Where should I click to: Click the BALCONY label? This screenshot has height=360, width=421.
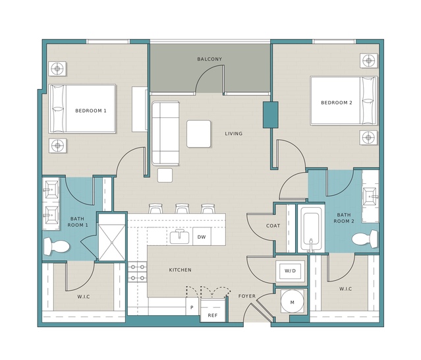click(210, 59)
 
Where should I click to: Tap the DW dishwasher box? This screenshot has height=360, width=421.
click(202, 237)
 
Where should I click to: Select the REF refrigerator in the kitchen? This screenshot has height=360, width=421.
click(213, 311)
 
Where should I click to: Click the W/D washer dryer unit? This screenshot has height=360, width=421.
click(290, 271)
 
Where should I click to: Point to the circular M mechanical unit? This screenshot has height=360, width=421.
click(293, 302)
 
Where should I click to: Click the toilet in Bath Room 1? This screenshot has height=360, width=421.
click(57, 246)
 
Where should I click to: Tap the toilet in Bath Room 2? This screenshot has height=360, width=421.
click(364, 239)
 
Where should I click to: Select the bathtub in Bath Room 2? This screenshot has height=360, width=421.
click(311, 229)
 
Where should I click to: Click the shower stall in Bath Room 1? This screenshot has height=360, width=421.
click(112, 237)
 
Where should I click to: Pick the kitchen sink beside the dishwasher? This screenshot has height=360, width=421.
click(179, 237)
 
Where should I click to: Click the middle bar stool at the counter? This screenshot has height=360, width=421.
click(182, 208)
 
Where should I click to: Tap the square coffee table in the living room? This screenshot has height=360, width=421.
click(199, 134)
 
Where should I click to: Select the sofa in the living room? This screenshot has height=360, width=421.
click(165, 133)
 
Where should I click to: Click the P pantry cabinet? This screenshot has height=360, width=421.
click(192, 307)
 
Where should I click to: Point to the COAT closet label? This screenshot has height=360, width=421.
click(273, 225)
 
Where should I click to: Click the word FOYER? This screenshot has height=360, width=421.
click(247, 296)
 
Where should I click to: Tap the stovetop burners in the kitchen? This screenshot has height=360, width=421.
click(138, 272)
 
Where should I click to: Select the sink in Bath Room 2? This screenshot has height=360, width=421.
click(370, 196)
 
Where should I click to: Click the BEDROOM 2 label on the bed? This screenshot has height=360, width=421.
click(337, 103)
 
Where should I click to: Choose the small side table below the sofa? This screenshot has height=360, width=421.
click(165, 175)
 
